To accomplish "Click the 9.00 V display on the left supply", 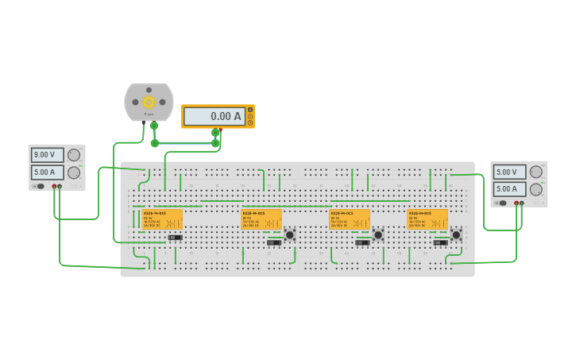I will [44, 155].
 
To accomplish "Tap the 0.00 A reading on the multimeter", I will [215, 116].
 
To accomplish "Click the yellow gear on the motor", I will [149, 102].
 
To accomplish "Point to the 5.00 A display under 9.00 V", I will [44, 172].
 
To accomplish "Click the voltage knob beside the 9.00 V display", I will [74, 155].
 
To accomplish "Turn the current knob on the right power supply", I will [536, 189].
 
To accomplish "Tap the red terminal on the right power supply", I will [516, 203].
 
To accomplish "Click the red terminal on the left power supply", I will [54, 187].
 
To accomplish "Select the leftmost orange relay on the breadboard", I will [162, 220].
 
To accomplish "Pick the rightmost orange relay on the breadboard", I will [427, 220].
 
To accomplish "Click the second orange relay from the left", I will [261, 220].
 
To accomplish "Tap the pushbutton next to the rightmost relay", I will [456, 234].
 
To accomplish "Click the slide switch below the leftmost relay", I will [176, 238].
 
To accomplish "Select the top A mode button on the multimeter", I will [250, 110].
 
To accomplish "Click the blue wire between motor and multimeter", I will [184, 143].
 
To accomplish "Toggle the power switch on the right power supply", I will [502, 203].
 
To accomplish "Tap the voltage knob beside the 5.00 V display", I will [536, 172].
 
